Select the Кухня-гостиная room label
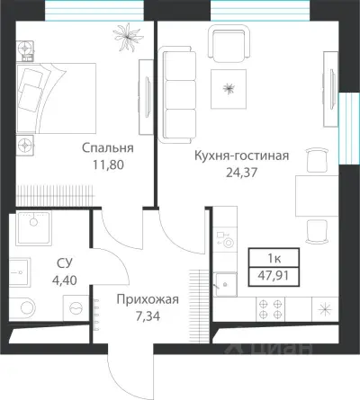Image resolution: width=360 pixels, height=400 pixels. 241,155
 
